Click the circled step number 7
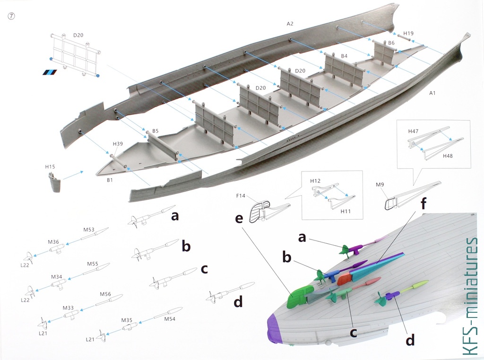[11, 16]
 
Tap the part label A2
[290, 24]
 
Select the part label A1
[432, 93]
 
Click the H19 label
[408, 34]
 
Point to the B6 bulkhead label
[391, 43]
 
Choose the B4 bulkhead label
[344, 56]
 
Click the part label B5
[155, 131]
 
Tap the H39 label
[118, 144]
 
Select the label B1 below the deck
[110, 180]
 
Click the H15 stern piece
[55, 183]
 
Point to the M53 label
[89, 230]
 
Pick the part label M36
[53, 242]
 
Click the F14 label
[241, 196]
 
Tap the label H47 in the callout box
[413, 131]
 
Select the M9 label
[380, 184]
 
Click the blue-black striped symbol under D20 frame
[50, 72]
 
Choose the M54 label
[170, 319]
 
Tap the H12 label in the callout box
[315, 181]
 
